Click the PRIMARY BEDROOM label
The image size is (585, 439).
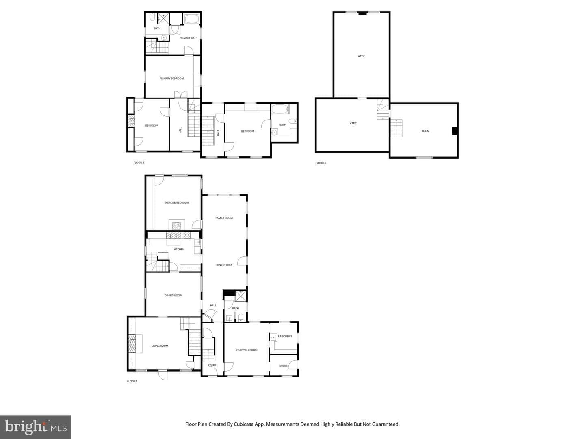point(171,78)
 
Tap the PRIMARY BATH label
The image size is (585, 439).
point(188,38)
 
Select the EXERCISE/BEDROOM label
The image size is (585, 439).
point(176,202)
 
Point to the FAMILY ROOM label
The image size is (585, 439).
point(224,218)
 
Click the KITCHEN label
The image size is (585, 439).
point(179,250)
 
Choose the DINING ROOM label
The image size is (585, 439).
point(173,296)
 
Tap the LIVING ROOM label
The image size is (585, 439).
point(160,346)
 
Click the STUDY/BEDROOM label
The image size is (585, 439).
point(246,350)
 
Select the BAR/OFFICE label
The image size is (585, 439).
point(285,337)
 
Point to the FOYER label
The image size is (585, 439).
point(212,365)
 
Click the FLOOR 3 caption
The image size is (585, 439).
point(321,163)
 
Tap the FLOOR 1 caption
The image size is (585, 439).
point(132,381)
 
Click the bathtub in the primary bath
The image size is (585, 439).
point(192,19)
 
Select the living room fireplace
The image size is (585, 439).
point(132,343)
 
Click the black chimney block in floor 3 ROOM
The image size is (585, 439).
point(455,131)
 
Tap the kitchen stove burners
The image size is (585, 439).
point(187,235)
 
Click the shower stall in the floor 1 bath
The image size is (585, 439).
point(240,296)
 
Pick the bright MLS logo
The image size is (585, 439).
point(36,427)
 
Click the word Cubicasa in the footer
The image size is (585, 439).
point(244,424)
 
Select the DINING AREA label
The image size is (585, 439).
point(224,265)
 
